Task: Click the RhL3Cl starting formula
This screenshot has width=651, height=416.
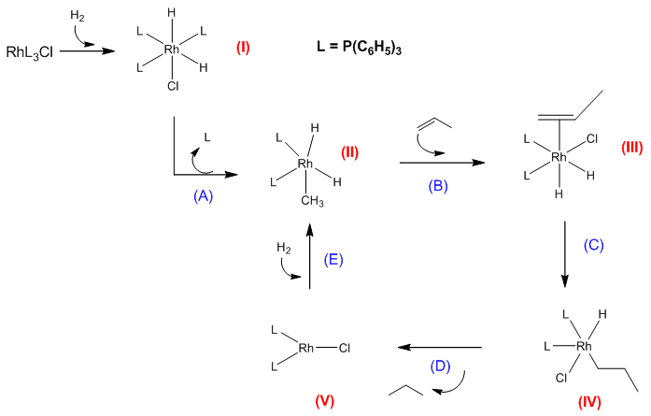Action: pos(30,51)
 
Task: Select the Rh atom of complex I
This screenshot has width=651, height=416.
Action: pos(172,50)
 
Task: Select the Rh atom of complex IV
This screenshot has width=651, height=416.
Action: pos(586,347)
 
